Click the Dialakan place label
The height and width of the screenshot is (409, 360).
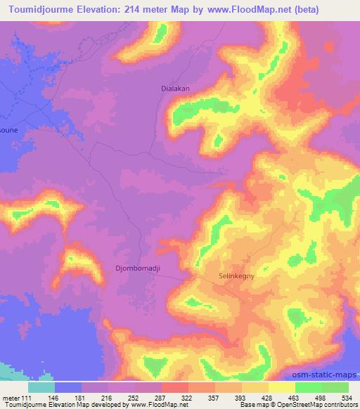(172, 89)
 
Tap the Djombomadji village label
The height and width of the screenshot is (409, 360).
(136, 268)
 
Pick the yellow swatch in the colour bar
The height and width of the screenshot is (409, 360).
(281, 387)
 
